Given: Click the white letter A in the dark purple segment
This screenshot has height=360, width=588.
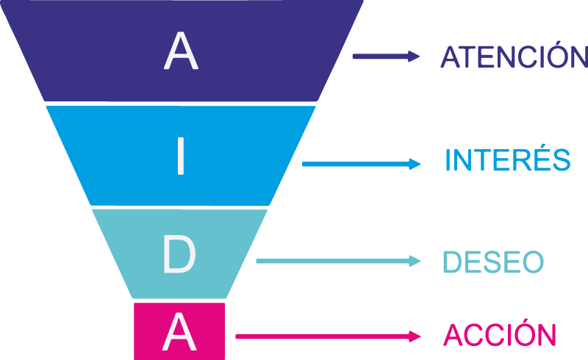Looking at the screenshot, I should (181, 52).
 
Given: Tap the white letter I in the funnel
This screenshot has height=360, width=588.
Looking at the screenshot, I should (180, 156).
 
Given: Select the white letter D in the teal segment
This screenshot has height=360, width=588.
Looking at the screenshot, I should (179, 255).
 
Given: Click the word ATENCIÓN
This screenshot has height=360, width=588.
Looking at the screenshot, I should (514, 57).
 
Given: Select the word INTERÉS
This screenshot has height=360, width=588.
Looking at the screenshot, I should (507, 160).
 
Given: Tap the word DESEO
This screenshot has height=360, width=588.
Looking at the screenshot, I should (492, 262).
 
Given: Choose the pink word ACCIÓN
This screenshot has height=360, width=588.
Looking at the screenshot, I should (499, 336).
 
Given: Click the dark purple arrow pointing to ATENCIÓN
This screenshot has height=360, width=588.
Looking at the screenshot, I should (386, 57).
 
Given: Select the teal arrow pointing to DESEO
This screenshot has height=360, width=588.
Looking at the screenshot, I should (338, 261).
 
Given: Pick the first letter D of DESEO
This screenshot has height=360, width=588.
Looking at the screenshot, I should (451, 262).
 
